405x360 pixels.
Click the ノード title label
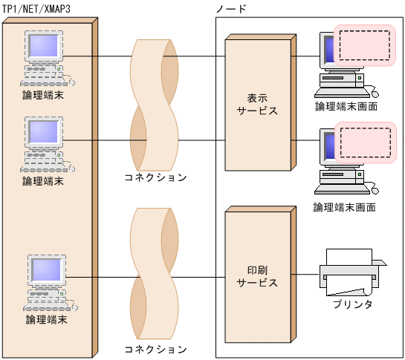(231, 7)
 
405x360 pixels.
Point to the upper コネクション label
(155, 178)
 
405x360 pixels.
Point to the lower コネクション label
(155, 348)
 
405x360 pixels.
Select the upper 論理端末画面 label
(346, 107)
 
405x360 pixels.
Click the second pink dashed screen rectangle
(364, 143)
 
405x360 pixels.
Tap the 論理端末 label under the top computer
(43, 95)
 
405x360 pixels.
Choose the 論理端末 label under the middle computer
(43, 181)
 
